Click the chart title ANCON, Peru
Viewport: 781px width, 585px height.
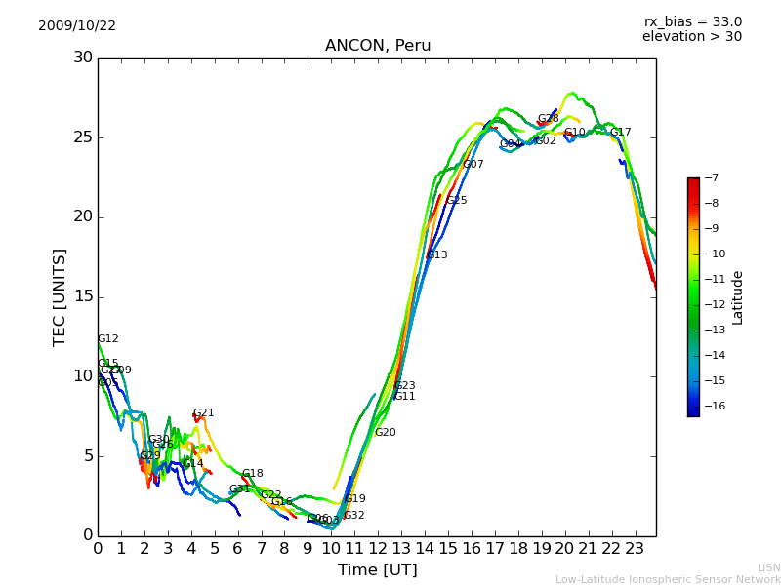tap(378, 46)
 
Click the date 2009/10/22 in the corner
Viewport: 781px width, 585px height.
tap(77, 25)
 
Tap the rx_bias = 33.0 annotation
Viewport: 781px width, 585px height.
tap(692, 21)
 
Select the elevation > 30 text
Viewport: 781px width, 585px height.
tap(691, 37)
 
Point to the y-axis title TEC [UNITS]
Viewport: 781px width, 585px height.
tap(60, 296)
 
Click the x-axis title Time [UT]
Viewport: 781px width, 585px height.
tap(377, 570)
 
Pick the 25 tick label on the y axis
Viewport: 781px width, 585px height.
tap(83, 137)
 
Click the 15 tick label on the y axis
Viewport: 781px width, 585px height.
tap(83, 296)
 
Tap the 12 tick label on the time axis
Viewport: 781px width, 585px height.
tap(378, 547)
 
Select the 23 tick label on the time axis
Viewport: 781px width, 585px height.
tap(635, 547)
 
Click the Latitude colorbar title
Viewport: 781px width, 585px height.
tap(738, 297)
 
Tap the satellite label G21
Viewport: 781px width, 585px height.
tap(203, 413)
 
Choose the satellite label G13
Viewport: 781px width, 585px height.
tap(436, 255)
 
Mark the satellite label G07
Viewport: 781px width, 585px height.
tap(473, 165)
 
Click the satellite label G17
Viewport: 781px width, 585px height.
tap(620, 133)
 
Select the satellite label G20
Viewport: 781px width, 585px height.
tap(386, 433)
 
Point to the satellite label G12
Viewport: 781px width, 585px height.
tap(108, 339)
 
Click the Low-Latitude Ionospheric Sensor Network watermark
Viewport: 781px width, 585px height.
tap(668, 579)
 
